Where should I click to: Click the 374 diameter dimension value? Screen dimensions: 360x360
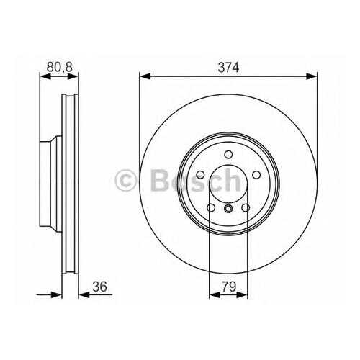228,67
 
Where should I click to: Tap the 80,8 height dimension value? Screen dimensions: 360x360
60,67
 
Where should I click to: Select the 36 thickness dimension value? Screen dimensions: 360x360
99,287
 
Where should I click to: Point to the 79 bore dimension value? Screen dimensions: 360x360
229,287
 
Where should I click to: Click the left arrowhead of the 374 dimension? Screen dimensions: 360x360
145,76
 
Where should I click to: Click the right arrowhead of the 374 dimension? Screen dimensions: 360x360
312,76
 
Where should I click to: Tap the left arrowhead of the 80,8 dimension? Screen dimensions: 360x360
45,76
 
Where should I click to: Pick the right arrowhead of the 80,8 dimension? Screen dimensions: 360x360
73,76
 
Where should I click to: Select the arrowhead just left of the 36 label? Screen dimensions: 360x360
84,295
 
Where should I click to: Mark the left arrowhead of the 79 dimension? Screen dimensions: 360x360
215,295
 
